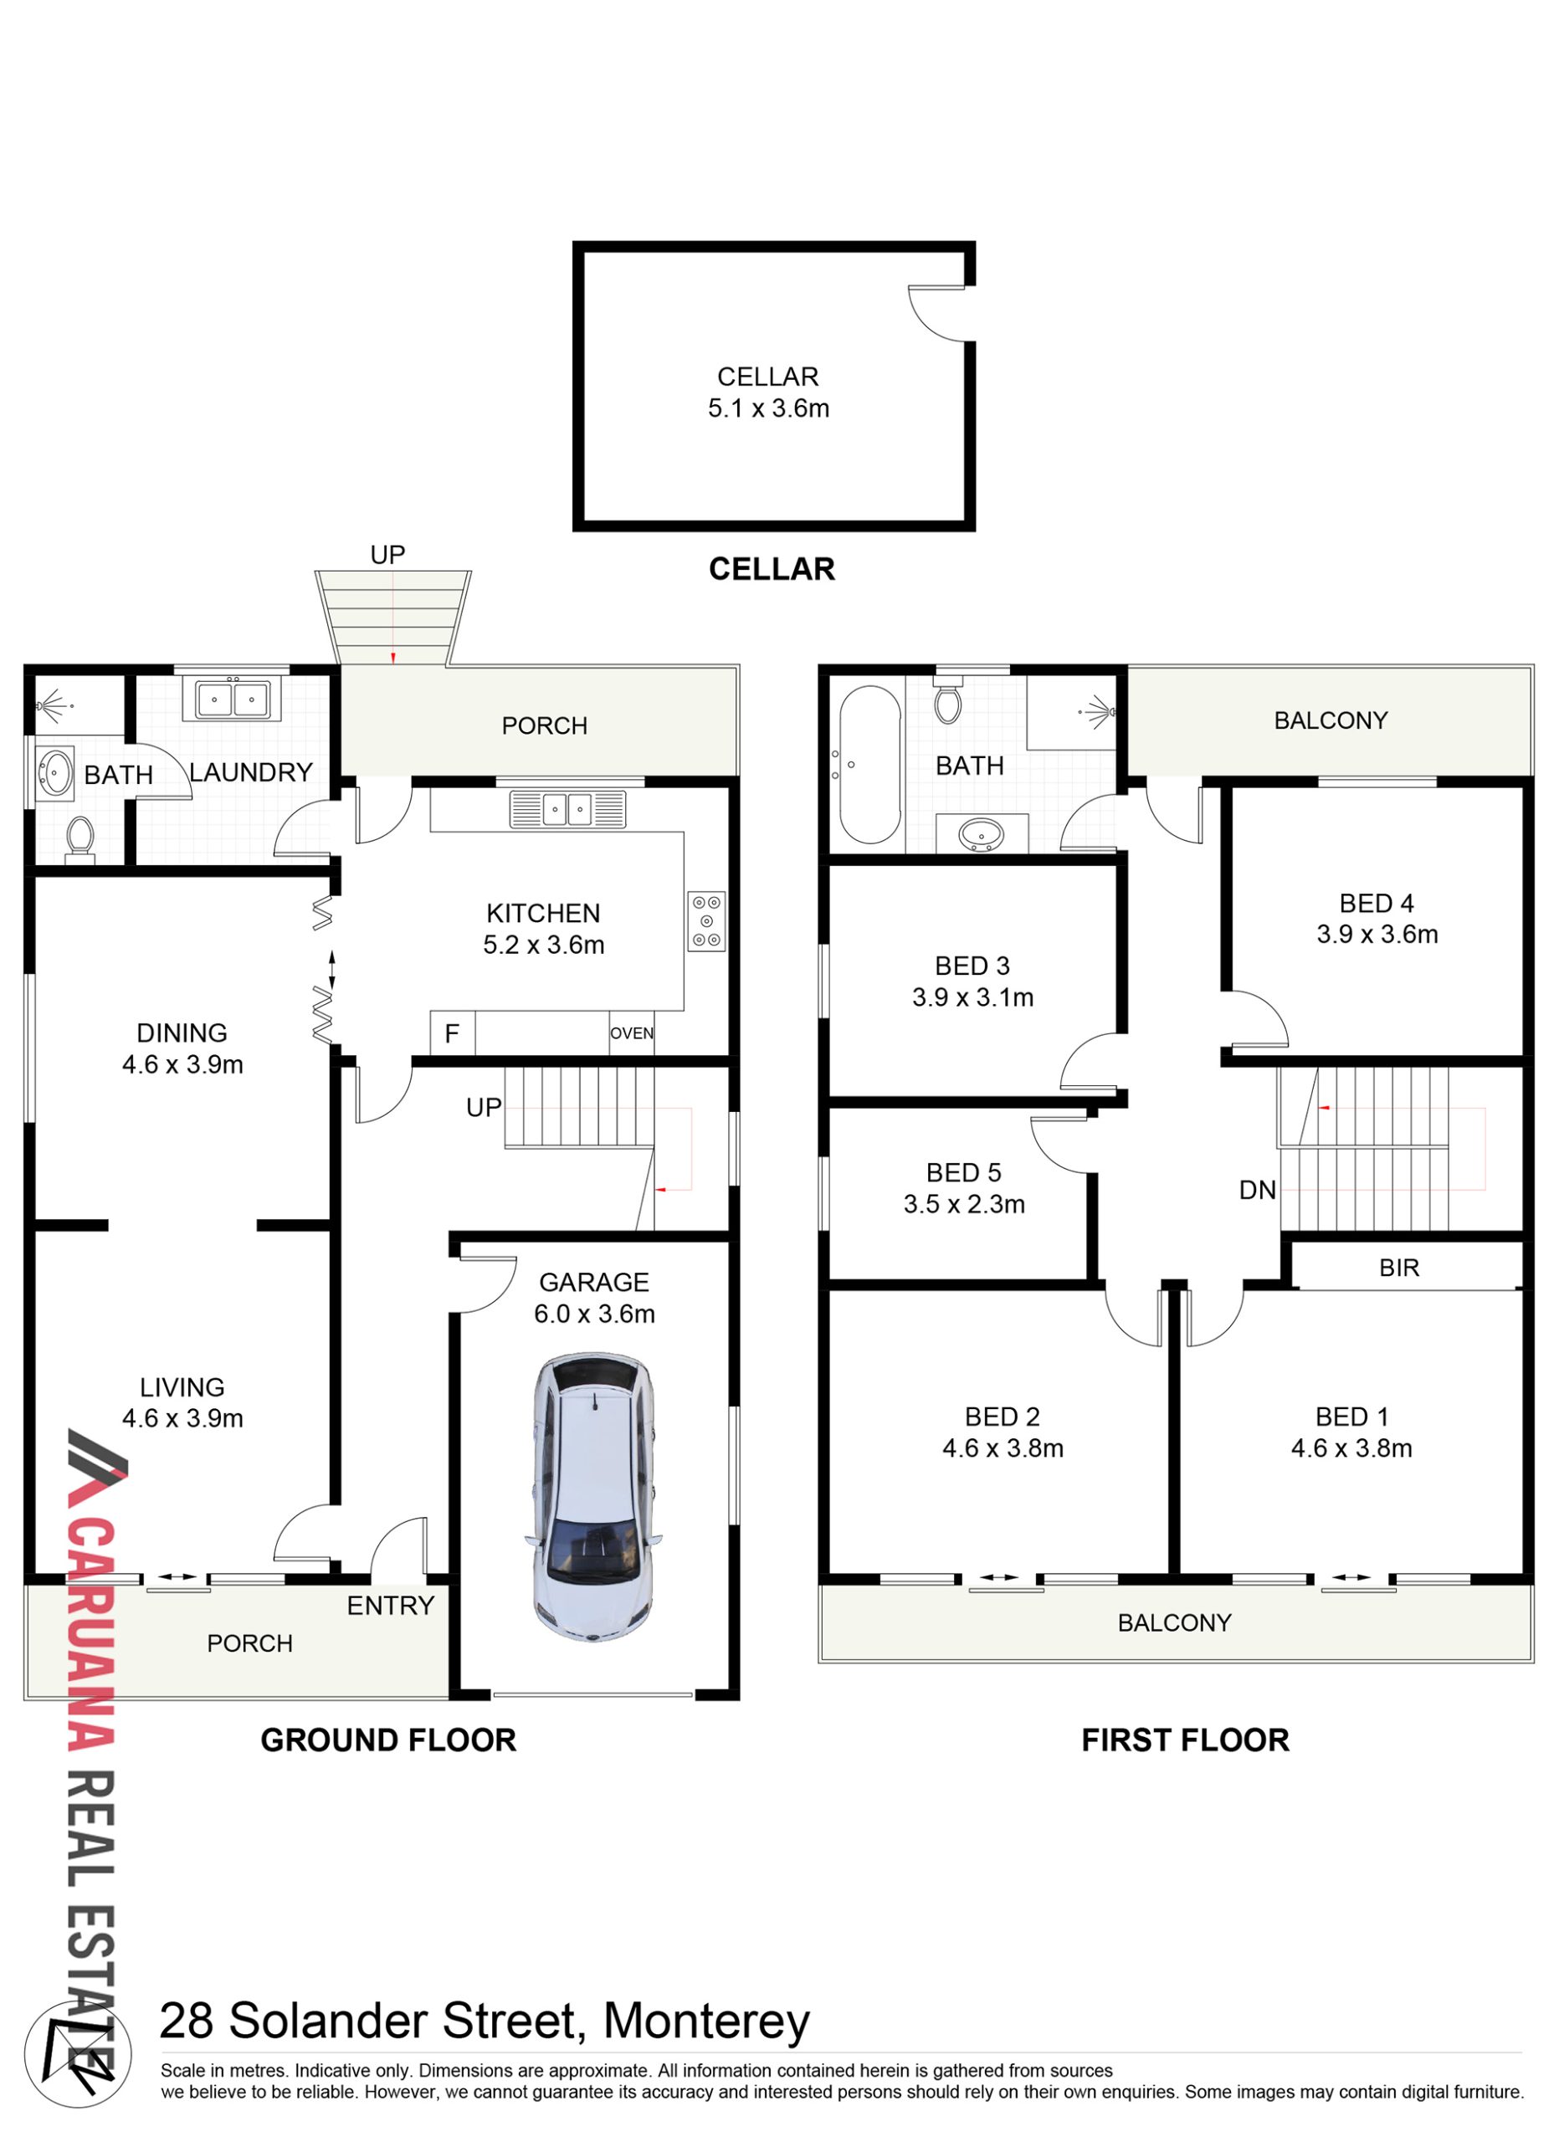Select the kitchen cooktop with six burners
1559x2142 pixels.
click(706, 921)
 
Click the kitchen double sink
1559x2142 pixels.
click(567, 809)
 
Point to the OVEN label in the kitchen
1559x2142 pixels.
click(632, 1033)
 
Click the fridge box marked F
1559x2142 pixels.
click(453, 1033)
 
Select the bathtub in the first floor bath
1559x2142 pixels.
click(869, 765)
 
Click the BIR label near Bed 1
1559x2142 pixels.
click(1398, 1268)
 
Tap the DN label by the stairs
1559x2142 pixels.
click(1257, 1191)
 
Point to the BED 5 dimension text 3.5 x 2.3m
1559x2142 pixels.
click(964, 1205)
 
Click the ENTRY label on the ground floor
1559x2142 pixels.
click(390, 1606)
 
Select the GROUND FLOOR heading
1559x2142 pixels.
click(388, 1740)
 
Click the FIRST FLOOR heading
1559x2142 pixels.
click(1185, 1740)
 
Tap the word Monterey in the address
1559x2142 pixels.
click(706, 2022)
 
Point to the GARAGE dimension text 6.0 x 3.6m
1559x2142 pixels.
click(594, 1314)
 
